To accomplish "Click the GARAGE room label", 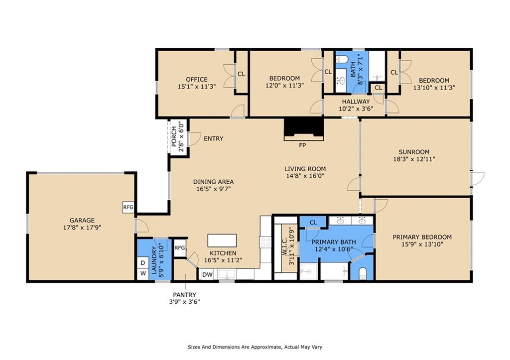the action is (82, 220).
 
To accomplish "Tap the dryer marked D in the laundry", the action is (143, 263).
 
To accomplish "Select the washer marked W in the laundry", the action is (143, 273).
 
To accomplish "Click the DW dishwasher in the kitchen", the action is (207, 274).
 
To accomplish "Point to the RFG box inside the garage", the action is (128, 207).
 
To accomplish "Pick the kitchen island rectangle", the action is (222, 240).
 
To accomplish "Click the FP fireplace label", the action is (302, 145).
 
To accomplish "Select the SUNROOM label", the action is (414, 152).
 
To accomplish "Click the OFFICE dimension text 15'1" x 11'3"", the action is (197, 87).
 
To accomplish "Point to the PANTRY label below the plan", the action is (184, 295).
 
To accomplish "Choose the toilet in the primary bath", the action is (363, 273).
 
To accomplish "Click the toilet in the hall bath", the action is (342, 59).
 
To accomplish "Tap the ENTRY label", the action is (213, 138).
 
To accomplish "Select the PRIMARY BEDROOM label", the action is (422, 237).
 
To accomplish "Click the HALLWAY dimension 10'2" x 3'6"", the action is (356, 109).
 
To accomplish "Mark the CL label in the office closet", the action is (241, 74).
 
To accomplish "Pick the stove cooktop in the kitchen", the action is (265, 241).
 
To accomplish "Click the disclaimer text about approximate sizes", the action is (255, 347).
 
